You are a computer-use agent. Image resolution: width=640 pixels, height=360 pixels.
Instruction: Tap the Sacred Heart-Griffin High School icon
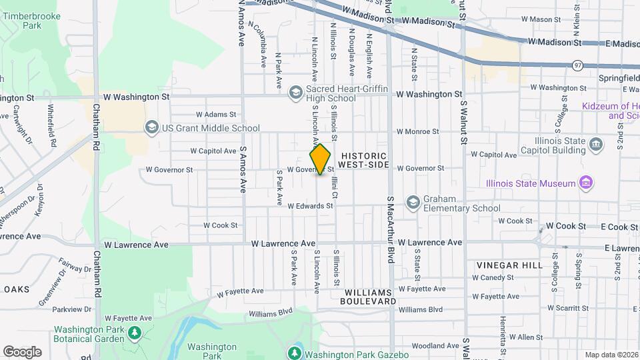pyautogui.click(x=295, y=93)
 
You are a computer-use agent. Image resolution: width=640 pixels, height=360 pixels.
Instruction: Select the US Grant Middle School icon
pyautogui.click(x=151, y=127)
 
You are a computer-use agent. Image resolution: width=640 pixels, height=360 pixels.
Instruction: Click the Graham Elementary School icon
pyautogui.click(x=413, y=202)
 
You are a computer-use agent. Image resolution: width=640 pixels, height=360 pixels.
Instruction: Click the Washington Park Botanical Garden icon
pyautogui.click(x=135, y=333)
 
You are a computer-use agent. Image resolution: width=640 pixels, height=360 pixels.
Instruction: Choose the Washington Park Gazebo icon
pyautogui.click(x=293, y=353)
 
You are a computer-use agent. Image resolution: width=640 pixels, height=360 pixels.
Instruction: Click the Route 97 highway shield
pyautogui.click(x=577, y=65)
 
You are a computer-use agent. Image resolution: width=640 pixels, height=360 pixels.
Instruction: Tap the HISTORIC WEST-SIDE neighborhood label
pyautogui.click(x=363, y=159)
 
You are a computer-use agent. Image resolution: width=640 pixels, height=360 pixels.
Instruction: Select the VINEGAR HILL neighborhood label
pyautogui.click(x=509, y=265)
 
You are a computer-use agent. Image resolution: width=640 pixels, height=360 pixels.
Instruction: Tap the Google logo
pyautogui.click(x=22, y=351)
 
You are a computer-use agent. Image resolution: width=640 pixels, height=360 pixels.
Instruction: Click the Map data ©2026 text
pyautogui.click(x=611, y=355)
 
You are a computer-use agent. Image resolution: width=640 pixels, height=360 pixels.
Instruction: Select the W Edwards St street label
pyautogui.click(x=310, y=206)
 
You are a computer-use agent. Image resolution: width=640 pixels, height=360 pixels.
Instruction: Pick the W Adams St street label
pyautogui.click(x=216, y=115)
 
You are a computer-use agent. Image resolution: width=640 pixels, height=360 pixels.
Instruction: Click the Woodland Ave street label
pyautogui.click(x=434, y=346)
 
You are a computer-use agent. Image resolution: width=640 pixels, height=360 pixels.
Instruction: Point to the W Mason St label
pyautogui.click(x=541, y=19)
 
